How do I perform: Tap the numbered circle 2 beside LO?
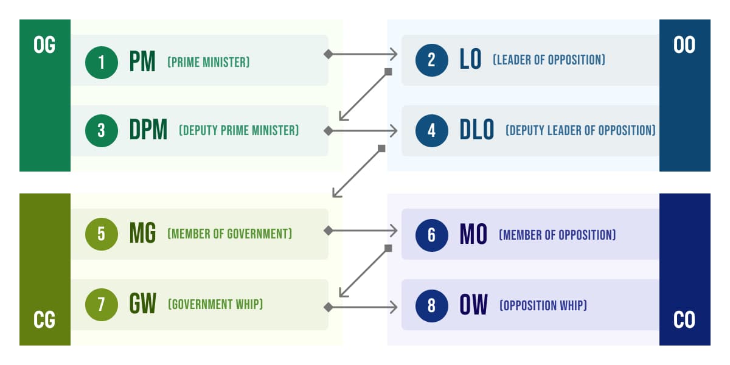431,60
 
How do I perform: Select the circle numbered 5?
101,234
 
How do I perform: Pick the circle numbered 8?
431,305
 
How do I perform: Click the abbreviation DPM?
148,131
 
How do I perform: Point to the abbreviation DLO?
477,131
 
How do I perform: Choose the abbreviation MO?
473,235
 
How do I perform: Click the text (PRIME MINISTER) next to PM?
209,62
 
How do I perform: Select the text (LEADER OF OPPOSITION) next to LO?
549,60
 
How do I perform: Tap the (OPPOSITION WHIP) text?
543,305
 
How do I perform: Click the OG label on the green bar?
44,46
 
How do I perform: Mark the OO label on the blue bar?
684,46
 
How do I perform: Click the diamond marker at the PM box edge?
328,55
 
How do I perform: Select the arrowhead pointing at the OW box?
394,307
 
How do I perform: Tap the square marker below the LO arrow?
388,72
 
